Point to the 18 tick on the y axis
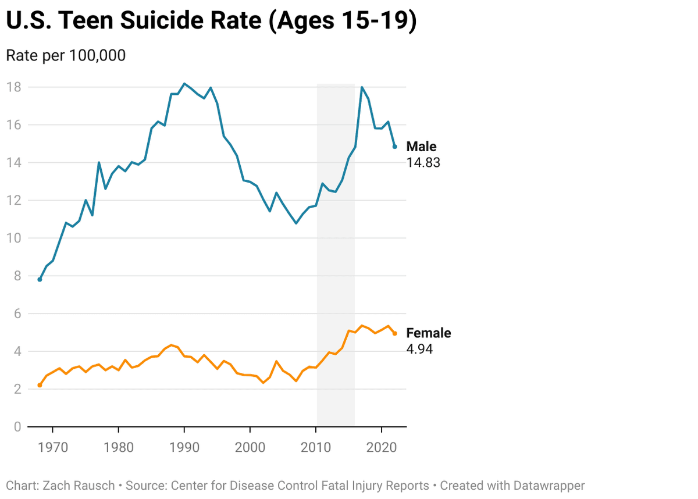pyautogui.click(x=14, y=87)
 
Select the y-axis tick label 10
pyautogui.click(x=14, y=238)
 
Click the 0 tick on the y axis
pyautogui.click(x=17, y=427)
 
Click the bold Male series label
pyautogui.click(x=421, y=147)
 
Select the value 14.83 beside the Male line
pyautogui.click(x=423, y=163)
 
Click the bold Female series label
pyautogui.click(x=428, y=333)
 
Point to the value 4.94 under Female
pyautogui.click(x=419, y=350)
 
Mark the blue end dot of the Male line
pyautogui.click(x=394, y=147)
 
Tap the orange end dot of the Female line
pyautogui.click(x=394, y=333)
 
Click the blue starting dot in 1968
pyautogui.click(x=40, y=280)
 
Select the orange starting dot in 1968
pyautogui.click(x=40, y=385)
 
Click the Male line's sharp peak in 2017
pyautogui.click(x=362, y=87)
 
